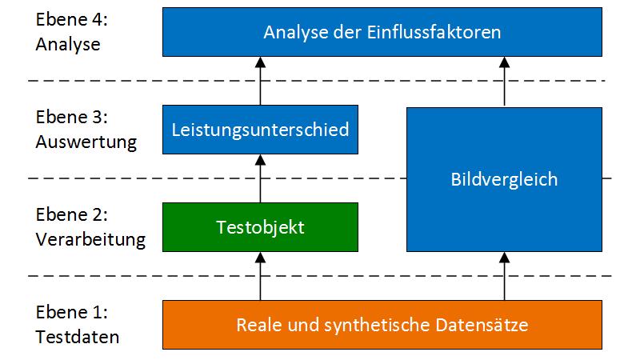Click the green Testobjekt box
point(260,226)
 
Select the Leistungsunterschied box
point(260,128)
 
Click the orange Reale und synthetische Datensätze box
point(382,325)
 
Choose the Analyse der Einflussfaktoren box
point(382,32)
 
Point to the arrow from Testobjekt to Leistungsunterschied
point(260,178)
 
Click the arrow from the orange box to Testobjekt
point(260,276)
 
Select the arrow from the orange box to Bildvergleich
point(504,276)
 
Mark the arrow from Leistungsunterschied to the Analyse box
point(260,80)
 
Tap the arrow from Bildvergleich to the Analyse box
point(504,80)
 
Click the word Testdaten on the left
point(78,337)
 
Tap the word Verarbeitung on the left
point(90,239)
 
